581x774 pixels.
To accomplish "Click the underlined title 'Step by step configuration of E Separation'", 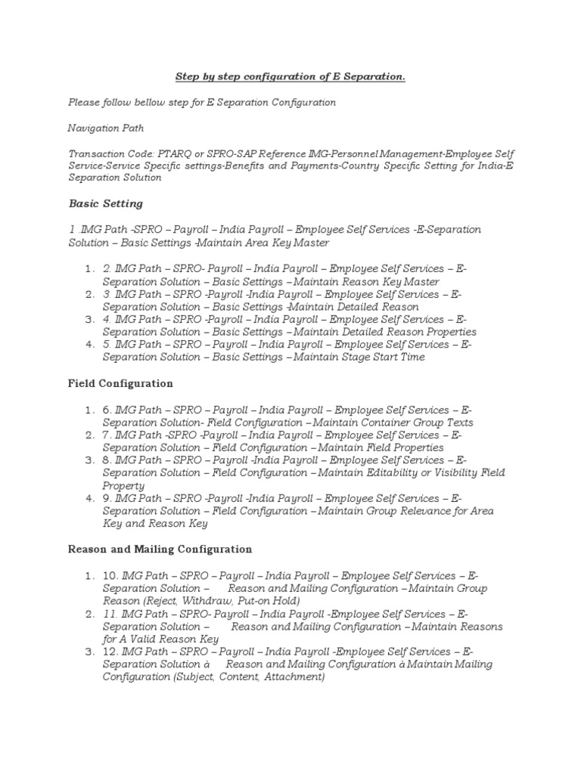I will [290, 76].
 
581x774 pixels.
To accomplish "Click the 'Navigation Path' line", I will [106, 128].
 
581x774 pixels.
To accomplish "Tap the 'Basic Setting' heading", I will [106, 203].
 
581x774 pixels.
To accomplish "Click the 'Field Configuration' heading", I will [121, 383].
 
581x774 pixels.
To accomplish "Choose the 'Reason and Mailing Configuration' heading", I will [160, 549].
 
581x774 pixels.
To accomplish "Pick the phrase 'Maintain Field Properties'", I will [366, 447].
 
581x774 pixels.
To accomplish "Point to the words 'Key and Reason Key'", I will [155, 523].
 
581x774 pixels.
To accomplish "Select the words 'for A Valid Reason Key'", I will [161, 639].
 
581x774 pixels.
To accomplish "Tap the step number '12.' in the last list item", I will [112, 652].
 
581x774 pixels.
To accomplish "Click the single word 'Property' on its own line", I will [123, 485].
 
